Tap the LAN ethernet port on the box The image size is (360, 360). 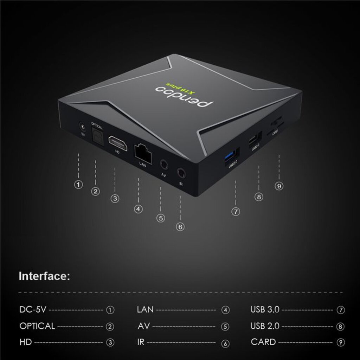(143, 153)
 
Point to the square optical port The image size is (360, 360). (98, 136)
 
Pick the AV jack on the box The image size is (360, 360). (164, 165)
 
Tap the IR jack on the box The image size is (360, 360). (181, 173)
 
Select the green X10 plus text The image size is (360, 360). (181, 88)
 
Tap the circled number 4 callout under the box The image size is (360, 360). (138, 209)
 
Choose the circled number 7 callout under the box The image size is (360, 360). (236, 211)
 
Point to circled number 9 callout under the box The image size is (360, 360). (279, 186)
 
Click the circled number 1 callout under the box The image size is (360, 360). (78, 185)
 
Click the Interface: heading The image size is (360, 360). (44, 276)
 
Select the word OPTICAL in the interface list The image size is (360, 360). (37, 326)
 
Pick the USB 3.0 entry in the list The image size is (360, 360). (265, 309)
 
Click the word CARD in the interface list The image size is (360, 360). (263, 342)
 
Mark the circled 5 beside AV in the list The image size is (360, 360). (225, 327)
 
